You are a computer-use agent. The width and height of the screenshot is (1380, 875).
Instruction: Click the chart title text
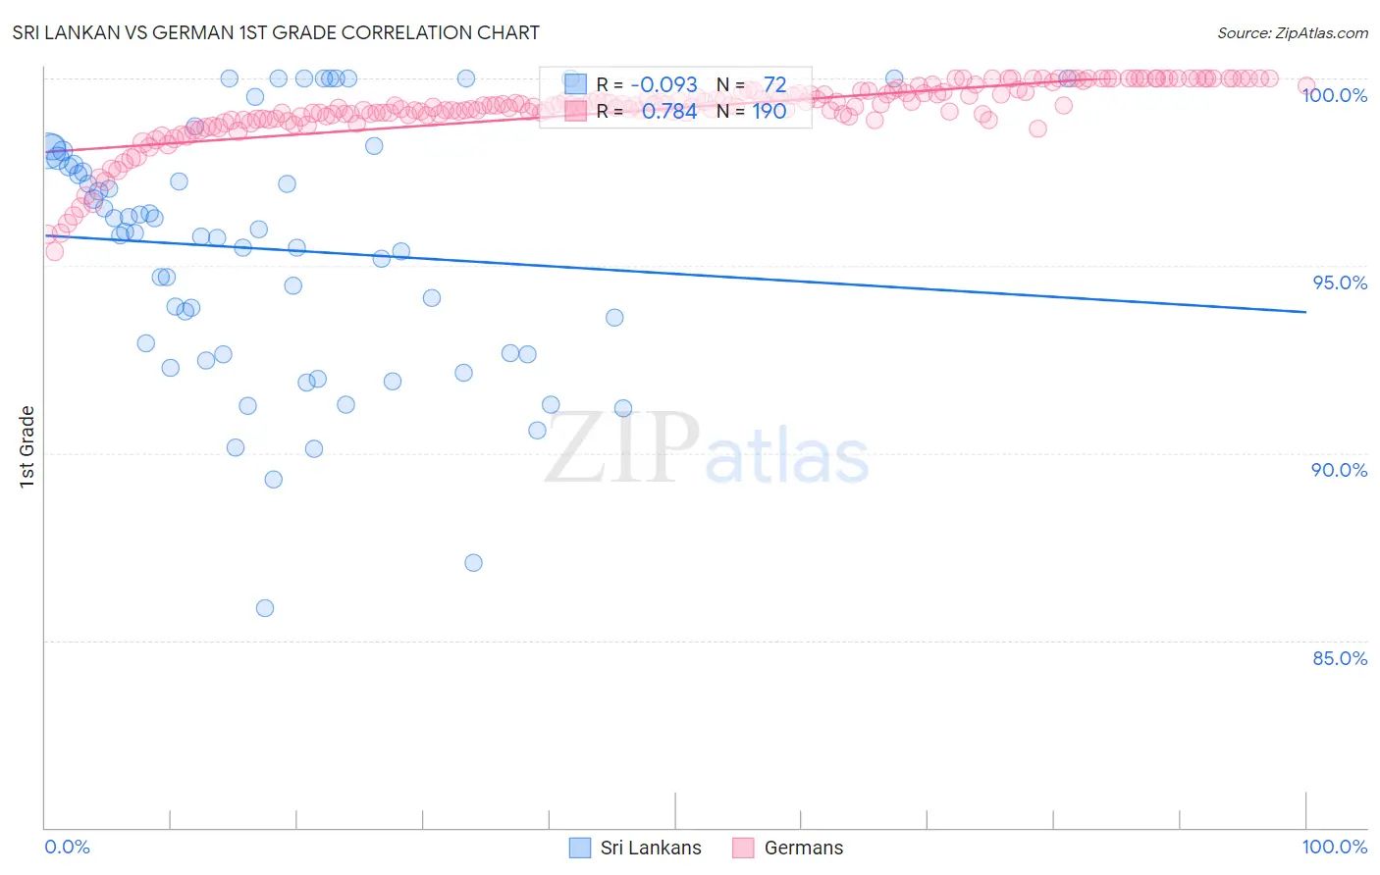[276, 32]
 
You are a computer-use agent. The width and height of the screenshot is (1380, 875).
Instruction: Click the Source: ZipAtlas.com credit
[1292, 32]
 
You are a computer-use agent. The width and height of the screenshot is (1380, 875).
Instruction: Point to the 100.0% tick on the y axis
[1334, 95]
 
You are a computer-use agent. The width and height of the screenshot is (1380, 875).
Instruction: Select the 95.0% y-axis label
[1340, 283]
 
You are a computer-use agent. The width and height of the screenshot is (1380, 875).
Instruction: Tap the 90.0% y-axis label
[1339, 470]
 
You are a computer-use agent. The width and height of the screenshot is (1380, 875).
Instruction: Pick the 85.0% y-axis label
[1340, 658]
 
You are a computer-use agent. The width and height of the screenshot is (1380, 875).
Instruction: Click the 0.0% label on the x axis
[67, 847]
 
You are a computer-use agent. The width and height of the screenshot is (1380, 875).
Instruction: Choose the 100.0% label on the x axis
[1334, 847]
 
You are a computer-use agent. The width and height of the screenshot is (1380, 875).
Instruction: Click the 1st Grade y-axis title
[27, 446]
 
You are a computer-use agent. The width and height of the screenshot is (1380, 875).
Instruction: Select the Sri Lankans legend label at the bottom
[651, 848]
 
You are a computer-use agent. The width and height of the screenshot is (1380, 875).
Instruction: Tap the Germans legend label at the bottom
[803, 848]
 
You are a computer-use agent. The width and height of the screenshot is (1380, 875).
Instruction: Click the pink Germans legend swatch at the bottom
[743, 848]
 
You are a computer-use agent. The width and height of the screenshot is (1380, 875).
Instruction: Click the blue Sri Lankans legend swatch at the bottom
[580, 848]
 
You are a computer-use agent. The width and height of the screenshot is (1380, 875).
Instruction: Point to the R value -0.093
[663, 84]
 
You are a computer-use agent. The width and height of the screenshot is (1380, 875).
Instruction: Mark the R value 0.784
[669, 111]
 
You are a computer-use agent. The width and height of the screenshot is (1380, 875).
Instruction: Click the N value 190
[770, 111]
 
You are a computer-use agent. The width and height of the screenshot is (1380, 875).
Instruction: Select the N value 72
[774, 84]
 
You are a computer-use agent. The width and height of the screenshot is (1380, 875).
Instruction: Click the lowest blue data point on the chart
[265, 608]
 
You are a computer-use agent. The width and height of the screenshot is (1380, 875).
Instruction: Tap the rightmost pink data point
[1305, 86]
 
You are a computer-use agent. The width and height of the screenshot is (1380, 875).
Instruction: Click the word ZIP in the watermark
[621, 447]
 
